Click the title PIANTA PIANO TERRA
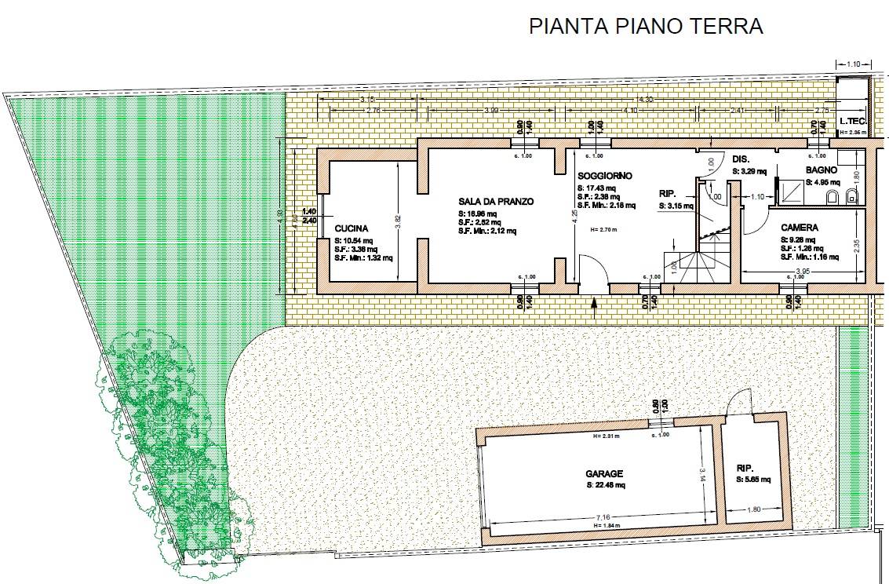pos(646,26)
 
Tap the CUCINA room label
pos(350,229)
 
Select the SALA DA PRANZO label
pos(496,202)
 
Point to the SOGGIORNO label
pos(604,176)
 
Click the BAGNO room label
pos(821,170)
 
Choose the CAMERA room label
pos(799,228)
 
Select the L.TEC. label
pos(852,122)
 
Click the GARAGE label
pos(604,473)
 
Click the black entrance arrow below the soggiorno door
pos(594,302)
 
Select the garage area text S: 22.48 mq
pos(606,486)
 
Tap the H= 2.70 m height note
pos(597,230)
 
